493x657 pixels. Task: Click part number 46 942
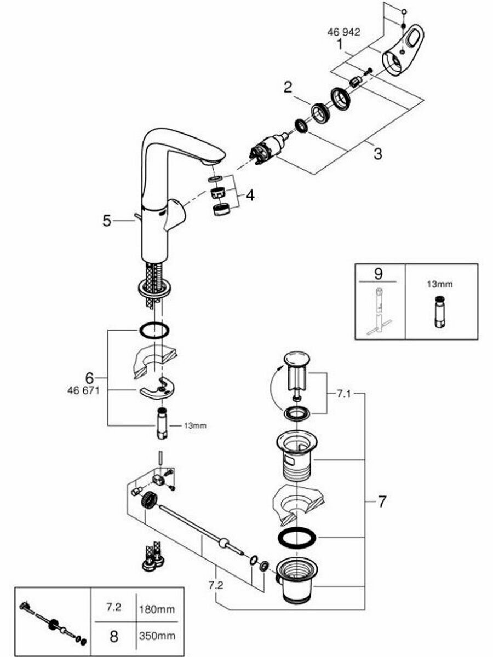pyautogui.click(x=344, y=33)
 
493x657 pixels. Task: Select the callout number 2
pyautogui.click(x=288, y=87)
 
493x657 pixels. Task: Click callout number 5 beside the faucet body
pyautogui.click(x=107, y=221)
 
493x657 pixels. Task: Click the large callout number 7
pyautogui.click(x=382, y=501)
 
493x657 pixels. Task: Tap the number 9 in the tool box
pyautogui.click(x=378, y=272)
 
